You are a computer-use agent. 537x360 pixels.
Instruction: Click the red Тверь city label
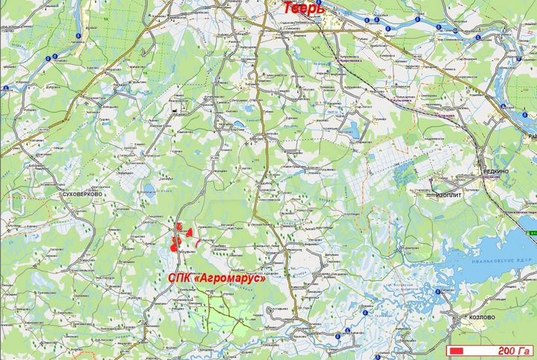(x=302, y=8)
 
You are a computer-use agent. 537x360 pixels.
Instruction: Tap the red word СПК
(x=180, y=277)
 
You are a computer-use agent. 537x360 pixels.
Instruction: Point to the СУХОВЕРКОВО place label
(x=83, y=192)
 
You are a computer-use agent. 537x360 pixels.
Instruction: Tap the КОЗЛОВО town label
(x=482, y=317)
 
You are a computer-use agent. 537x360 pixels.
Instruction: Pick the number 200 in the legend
(x=503, y=350)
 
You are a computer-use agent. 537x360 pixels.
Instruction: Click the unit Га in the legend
(x=523, y=350)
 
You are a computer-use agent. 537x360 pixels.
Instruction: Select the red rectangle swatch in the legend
(x=459, y=350)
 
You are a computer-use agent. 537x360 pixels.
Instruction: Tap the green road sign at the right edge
(x=532, y=233)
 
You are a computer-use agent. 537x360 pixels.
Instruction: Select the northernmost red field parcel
(x=179, y=226)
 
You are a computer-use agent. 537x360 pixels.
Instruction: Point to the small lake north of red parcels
(x=150, y=189)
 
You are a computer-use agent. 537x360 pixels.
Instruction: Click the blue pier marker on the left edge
(x=5, y=88)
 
